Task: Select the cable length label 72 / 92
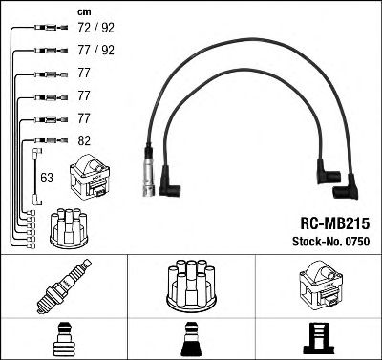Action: [x=94, y=32]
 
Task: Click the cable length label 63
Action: [x=47, y=177]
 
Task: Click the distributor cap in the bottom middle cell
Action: [x=191, y=286]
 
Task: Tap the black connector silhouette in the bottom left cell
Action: [x=64, y=339]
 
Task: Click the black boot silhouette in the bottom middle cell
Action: [x=191, y=339]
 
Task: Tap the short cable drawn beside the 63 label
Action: [x=36, y=176]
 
